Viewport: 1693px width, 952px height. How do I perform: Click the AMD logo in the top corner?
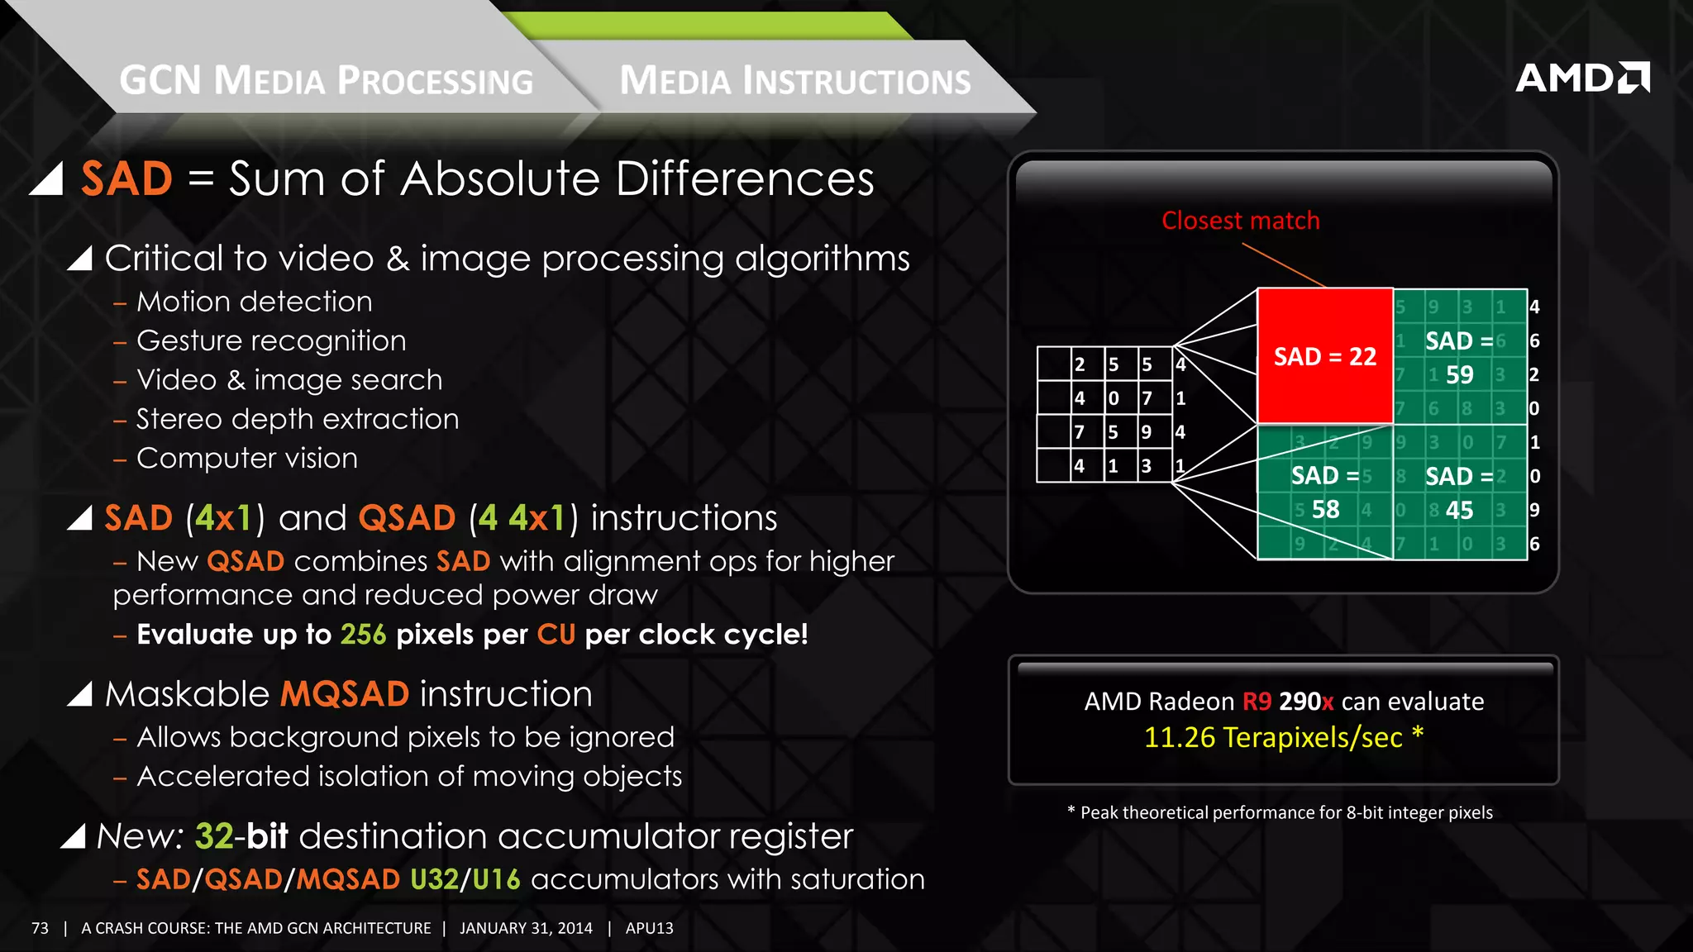click(x=1581, y=78)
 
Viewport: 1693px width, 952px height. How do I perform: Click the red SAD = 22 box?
click(x=1324, y=356)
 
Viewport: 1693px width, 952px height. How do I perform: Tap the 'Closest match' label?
click(x=1240, y=221)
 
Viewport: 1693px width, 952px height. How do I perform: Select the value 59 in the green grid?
click(x=1459, y=375)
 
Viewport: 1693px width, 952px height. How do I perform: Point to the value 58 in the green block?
click(x=1325, y=510)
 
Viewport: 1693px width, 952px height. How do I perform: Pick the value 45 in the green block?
click(x=1459, y=511)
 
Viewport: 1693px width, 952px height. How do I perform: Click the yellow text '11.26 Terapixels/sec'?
click(x=1273, y=737)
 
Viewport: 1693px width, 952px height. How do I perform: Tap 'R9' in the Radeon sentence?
click(x=1257, y=702)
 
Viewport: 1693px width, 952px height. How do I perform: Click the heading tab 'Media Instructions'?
click(x=794, y=81)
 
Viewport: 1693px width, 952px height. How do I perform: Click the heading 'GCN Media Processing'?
click(x=327, y=81)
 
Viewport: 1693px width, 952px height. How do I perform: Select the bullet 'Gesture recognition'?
click(x=271, y=340)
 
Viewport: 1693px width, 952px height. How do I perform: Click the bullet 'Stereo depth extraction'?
click(x=297, y=419)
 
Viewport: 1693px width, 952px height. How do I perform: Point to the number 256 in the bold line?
click(x=363, y=635)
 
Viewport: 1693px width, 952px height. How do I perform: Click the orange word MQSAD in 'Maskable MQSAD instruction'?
click(x=345, y=694)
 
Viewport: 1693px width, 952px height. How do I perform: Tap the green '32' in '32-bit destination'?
click(x=214, y=836)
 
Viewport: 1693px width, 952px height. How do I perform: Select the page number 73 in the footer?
click(x=40, y=928)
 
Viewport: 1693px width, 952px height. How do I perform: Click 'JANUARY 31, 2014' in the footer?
click(x=526, y=928)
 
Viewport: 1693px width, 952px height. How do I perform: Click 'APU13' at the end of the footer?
click(x=649, y=928)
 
